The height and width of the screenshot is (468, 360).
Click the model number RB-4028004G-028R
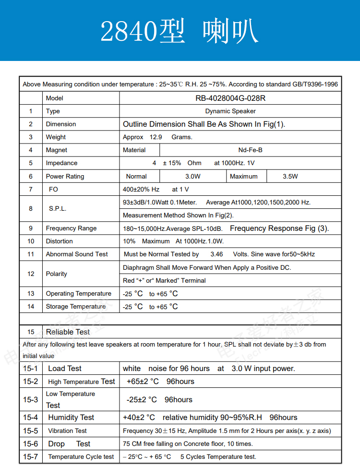coord(230,98)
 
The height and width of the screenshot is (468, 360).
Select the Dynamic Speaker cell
coord(230,111)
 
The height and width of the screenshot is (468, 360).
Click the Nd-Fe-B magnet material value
coord(250,150)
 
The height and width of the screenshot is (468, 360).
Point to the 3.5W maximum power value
coord(290,177)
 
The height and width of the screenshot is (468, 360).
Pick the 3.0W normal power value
coord(193,177)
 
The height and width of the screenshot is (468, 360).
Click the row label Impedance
coord(61,163)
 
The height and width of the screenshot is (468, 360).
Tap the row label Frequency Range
coord(71,228)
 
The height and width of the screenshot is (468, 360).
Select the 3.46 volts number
coord(216,254)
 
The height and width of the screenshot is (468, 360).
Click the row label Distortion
coord(59,241)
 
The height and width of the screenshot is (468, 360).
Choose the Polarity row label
coord(57,274)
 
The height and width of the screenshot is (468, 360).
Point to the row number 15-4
coord(30,418)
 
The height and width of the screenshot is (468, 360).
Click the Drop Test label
coord(69,444)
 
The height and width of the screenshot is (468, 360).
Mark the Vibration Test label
coord(68,431)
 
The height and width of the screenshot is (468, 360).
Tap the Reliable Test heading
coord(68,332)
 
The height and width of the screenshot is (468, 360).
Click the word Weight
coord(56,137)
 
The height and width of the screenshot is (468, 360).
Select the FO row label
coord(53,190)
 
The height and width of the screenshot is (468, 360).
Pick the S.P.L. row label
coord(58,209)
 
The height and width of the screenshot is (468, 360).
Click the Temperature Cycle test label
coord(81,457)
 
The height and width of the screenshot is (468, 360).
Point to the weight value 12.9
coord(156,137)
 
